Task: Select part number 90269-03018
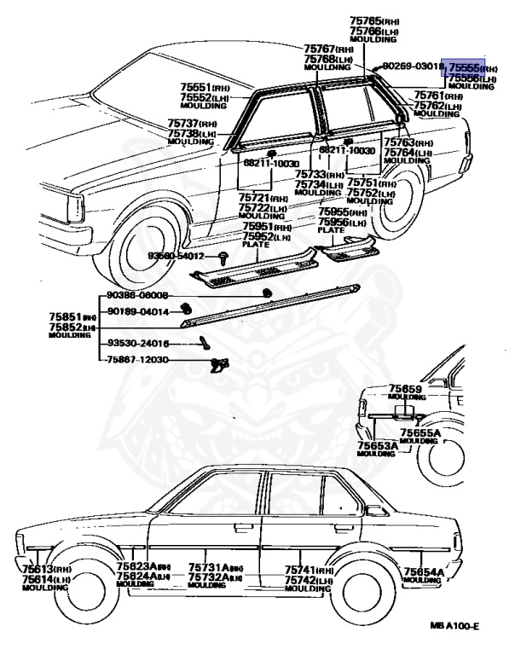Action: click(x=413, y=66)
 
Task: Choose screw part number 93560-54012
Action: click(x=176, y=256)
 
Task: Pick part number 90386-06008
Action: click(x=137, y=295)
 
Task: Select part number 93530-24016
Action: click(x=137, y=344)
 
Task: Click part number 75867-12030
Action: click(x=137, y=360)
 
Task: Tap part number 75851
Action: click(x=65, y=315)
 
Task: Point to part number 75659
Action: click(x=406, y=389)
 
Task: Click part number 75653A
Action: click(x=376, y=445)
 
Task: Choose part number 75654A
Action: click(x=423, y=571)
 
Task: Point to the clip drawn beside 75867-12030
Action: click(x=219, y=365)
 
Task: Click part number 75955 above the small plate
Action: click(x=334, y=212)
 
